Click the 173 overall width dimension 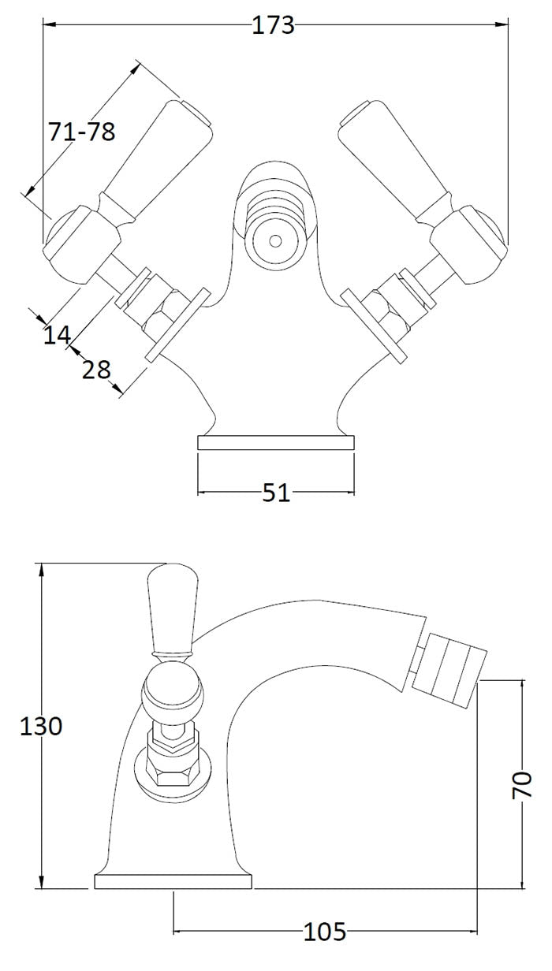pos(273,26)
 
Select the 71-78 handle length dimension pos(82,132)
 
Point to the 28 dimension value pos(96,369)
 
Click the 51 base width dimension pos(276,493)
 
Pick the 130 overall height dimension pos(40,725)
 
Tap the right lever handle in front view pos(398,154)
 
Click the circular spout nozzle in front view pos(275,239)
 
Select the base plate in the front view pos(275,442)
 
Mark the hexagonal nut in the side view pos(171,768)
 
